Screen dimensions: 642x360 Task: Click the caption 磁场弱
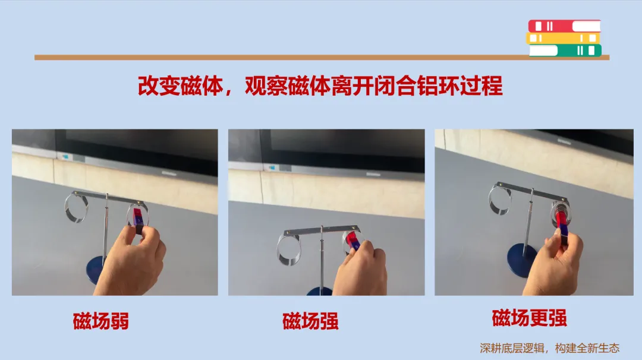100,321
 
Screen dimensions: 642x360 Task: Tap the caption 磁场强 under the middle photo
310,321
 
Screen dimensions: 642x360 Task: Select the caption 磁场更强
530,318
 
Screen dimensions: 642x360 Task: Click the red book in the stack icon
564,26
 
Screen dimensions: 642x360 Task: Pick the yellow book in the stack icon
562,38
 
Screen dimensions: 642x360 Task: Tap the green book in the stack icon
565,50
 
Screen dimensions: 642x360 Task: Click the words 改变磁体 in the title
180,86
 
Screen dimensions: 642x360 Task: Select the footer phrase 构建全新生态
587,348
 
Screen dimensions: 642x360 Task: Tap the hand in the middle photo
360,269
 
